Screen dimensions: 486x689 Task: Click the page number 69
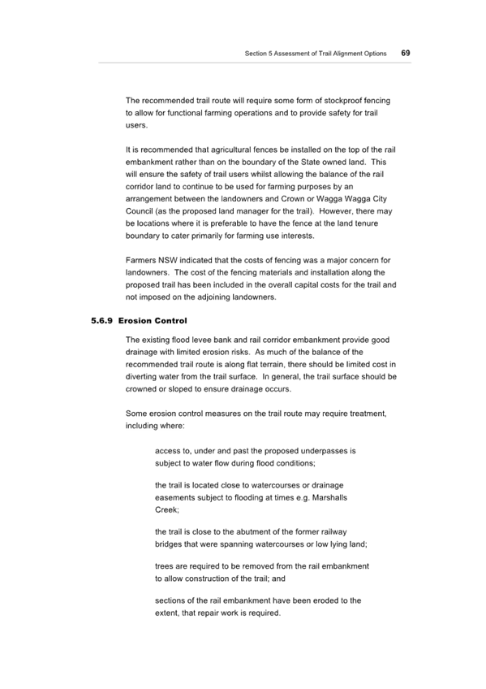coord(406,53)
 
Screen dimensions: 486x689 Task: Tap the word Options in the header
coord(375,54)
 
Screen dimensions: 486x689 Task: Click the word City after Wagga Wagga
coord(380,199)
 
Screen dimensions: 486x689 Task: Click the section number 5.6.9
coord(101,321)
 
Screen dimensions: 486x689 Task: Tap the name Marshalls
coord(329,498)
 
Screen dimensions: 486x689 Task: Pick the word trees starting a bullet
coord(164,566)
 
